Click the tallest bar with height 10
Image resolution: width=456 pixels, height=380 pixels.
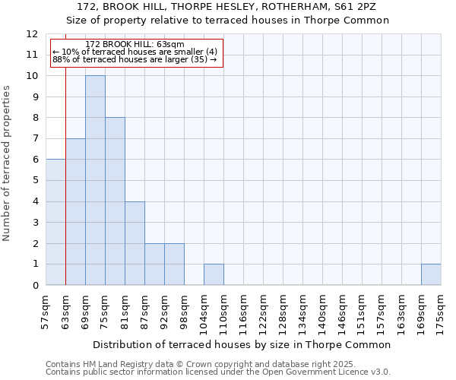tap(95, 180)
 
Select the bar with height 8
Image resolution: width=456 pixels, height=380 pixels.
tap(115, 201)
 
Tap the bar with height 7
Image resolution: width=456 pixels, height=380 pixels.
tap(75, 212)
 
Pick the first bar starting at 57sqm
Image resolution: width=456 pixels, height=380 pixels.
tap(55, 222)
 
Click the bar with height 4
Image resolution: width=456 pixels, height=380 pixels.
tap(135, 243)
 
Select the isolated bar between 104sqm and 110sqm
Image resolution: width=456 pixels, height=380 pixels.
tap(214, 274)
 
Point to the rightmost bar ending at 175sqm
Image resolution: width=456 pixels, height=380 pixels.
tap(431, 274)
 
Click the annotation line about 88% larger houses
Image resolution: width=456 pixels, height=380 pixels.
tap(135, 59)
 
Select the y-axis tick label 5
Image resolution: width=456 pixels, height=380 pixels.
tap(35, 181)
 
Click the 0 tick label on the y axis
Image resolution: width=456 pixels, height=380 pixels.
tap(35, 286)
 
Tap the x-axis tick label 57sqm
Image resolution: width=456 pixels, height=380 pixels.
tap(46, 310)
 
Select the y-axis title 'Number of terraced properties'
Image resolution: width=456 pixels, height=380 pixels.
tap(8, 163)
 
